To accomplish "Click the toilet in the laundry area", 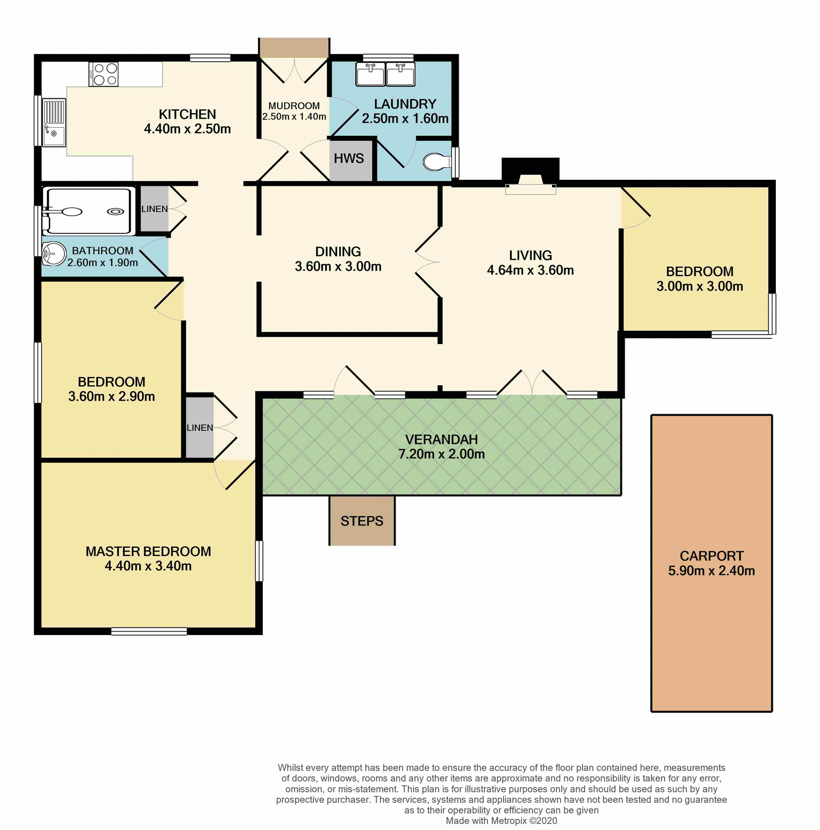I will point(437,162).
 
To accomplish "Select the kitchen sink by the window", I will point(54,123).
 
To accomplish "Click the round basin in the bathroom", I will point(54,253).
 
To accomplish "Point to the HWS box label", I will point(349,159).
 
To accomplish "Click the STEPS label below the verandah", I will point(362,521).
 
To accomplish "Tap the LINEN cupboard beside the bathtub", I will point(154,209).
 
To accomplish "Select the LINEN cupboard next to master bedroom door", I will point(200,428).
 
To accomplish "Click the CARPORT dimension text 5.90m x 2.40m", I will point(712,571).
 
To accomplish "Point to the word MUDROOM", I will point(294,106).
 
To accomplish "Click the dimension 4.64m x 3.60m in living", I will point(530,270).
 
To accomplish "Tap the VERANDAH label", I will point(441,439).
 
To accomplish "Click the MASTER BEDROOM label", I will point(148,551).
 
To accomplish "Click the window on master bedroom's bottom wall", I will point(149,632).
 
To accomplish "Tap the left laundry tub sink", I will point(370,74).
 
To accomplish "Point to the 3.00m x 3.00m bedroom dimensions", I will point(699,286).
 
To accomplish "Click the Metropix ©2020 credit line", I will point(501,820).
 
